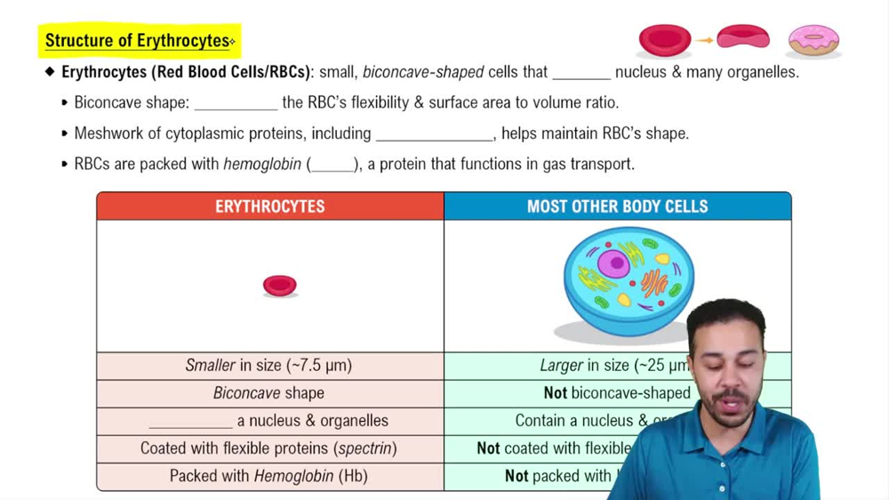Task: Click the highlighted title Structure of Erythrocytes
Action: pyautogui.click(x=138, y=41)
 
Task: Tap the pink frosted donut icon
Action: pyautogui.click(x=813, y=39)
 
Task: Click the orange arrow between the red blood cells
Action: pyautogui.click(x=704, y=40)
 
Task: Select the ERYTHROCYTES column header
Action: pyautogui.click(x=270, y=206)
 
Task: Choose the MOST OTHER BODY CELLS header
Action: pyautogui.click(x=617, y=206)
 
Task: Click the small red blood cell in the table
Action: pyautogui.click(x=279, y=285)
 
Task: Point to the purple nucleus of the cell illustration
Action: pyautogui.click(x=613, y=263)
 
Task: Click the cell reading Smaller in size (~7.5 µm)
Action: pyautogui.click(x=268, y=366)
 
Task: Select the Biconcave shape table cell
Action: pyautogui.click(x=268, y=393)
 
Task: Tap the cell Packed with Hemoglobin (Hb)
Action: pyautogui.click(x=268, y=476)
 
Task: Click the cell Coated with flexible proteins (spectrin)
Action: pyautogui.click(x=268, y=448)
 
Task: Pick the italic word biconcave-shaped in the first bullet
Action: pyautogui.click(x=423, y=72)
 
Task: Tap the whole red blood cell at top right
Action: pyautogui.click(x=665, y=39)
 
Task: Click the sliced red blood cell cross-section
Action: pyautogui.click(x=743, y=37)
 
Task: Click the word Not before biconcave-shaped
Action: pyautogui.click(x=555, y=393)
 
